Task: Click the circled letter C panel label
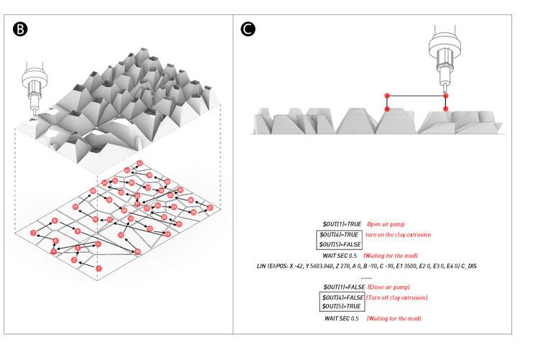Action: click(x=248, y=29)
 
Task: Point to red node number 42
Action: click(x=140, y=163)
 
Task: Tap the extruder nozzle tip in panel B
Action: click(x=33, y=114)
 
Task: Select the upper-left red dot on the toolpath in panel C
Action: click(x=387, y=95)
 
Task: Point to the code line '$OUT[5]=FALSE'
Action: click(x=341, y=245)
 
